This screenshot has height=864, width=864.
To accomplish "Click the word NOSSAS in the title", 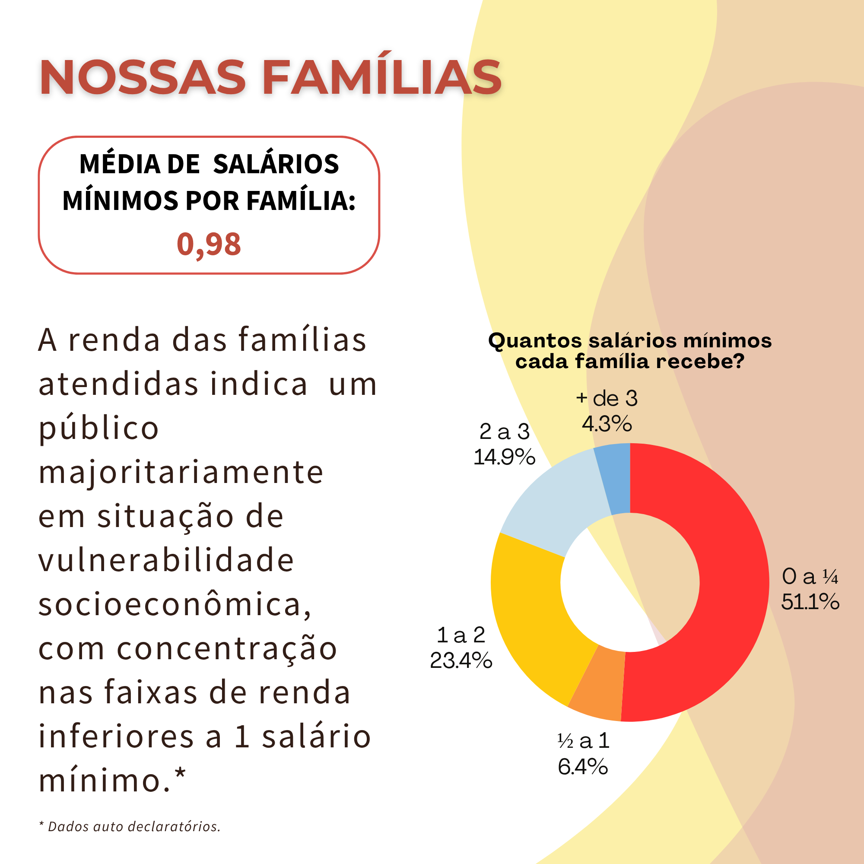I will pyautogui.click(x=142, y=77).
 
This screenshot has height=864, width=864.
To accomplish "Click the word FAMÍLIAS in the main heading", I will pyautogui.click(x=381, y=77).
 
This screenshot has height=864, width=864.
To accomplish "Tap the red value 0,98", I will pyautogui.click(x=209, y=244).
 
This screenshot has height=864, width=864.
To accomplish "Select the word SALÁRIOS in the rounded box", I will pyautogui.click(x=276, y=164).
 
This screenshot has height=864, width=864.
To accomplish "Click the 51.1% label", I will pyautogui.click(x=810, y=602).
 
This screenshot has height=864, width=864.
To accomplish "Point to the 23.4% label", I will pyautogui.click(x=461, y=661).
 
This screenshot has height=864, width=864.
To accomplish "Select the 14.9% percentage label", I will pyautogui.click(x=505, y=457).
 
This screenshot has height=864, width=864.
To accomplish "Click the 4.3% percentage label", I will pyautogui.click(x=607, y=423).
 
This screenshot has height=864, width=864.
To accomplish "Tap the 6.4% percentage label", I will pyautogui.click(x=583, y=766).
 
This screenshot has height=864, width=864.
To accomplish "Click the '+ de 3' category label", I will pyautogui.click(x=607, y=398).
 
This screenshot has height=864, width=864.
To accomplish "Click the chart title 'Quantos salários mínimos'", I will pyautogui.click(x=630, y=341).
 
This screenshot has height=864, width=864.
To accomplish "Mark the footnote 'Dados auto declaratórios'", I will pyautogui.click(x=134, y=826).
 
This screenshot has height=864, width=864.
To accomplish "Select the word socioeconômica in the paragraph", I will pyautogui.click(x=175, y=604).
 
